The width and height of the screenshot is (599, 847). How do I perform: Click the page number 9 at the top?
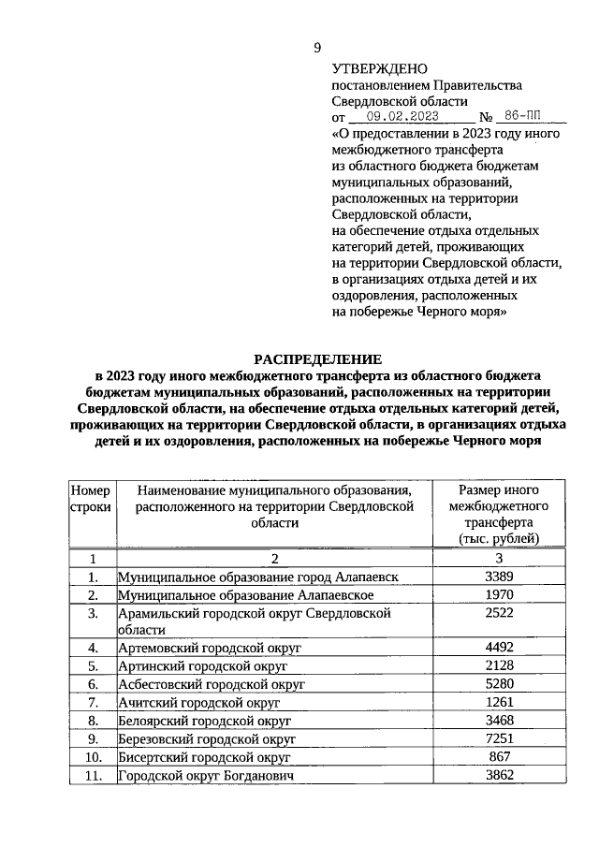click(x=317, y=48)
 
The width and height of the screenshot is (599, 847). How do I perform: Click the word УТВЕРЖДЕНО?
click(x=379, y=69)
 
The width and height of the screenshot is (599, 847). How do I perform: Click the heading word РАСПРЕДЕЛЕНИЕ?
click(x=318, y=359)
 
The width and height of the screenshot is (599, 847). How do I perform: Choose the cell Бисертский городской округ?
click(x=204, y=756)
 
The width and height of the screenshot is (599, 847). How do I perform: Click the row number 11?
click(x=92, y=775)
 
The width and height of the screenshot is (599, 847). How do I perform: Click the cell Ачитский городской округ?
click(x=198, y=702)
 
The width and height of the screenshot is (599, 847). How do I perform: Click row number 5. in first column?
click(x=92, y=666)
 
